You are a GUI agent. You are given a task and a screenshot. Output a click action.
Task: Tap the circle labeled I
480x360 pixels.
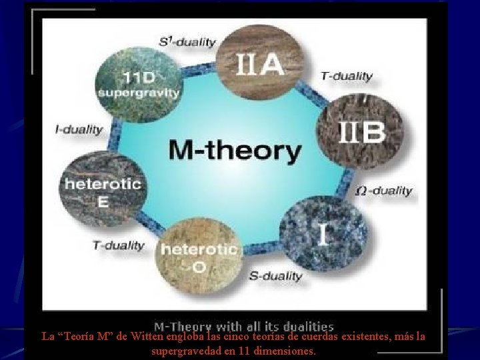click(323, 231)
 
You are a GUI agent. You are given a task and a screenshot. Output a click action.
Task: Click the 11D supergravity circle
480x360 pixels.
click(138, 82)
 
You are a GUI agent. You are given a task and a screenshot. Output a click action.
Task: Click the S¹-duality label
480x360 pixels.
click(187, 42)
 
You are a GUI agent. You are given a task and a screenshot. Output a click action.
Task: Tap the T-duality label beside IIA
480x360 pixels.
click(347, 76)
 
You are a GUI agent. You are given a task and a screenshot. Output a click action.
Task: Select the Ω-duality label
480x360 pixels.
click(384, 191)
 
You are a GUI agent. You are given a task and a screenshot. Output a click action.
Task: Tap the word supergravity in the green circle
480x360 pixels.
click(139, 92)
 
